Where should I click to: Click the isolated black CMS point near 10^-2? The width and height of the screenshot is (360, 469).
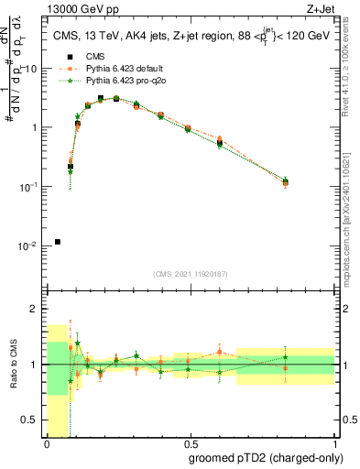[58, 242]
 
